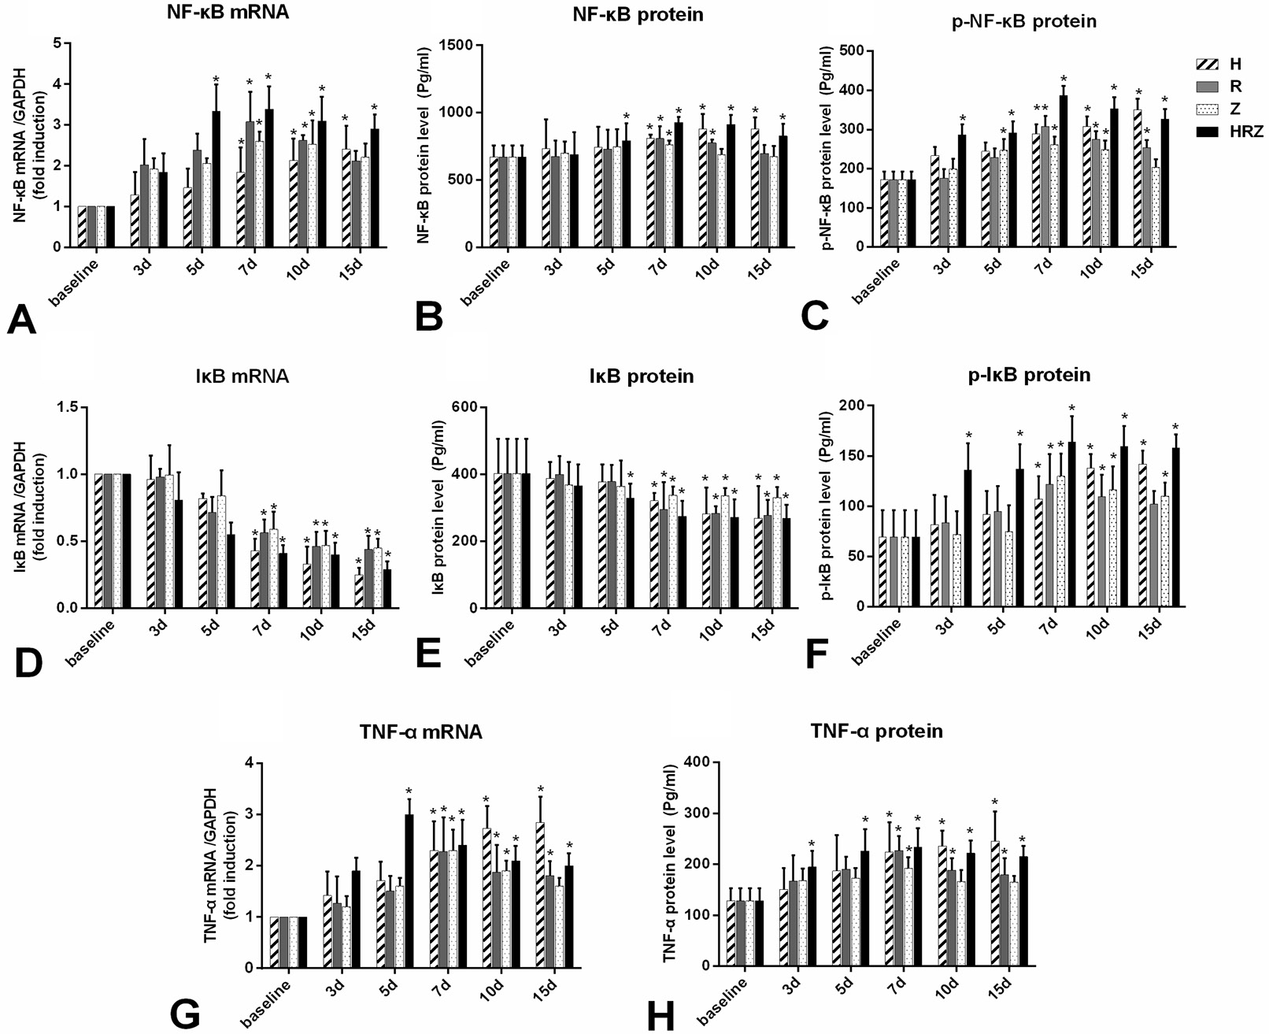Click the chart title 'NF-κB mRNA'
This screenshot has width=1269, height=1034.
click(x=228, y=13)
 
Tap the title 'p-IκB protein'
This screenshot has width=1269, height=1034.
click(x=1030, y=374)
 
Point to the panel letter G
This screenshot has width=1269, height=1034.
click(x=185, y=1014)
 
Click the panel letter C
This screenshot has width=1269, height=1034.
click(x=815, y=317)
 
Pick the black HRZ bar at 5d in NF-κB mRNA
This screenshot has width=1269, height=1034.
click(x=216, y=179)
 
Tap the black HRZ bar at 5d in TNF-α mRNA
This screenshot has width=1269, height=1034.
click(x=409, y=891)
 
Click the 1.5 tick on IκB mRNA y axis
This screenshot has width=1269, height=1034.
click(x=69, y=407)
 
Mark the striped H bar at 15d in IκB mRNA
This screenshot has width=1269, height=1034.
click(x=359, y=591)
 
